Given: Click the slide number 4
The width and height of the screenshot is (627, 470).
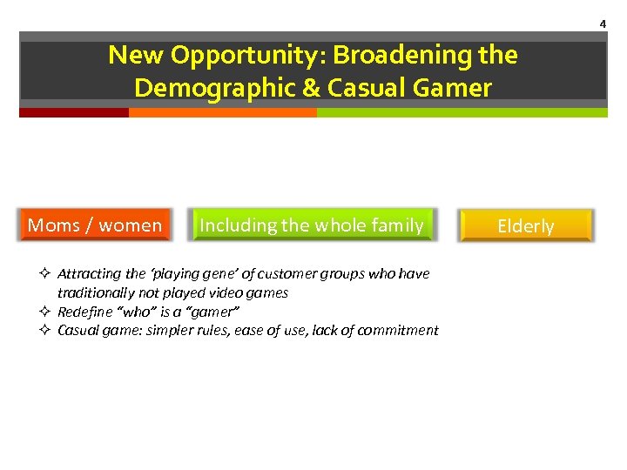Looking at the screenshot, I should pos(602,24).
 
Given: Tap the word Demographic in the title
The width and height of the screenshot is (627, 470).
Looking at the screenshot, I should pos(206,88).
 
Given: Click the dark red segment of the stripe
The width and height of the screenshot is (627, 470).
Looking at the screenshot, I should pos(74,112).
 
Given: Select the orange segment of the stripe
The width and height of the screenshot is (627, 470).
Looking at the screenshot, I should pos(222,112).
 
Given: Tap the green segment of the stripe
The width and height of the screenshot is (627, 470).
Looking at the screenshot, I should pos(462,112).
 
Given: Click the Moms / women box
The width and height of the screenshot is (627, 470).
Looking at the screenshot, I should pos(95,225).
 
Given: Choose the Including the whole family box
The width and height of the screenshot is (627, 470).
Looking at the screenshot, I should pos(311,225).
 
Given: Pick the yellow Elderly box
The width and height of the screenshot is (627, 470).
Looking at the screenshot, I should pos(526,226).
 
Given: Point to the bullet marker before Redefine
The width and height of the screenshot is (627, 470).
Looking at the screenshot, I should pos(46,312).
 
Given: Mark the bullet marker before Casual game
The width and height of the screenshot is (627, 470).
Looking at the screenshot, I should pos(46,330).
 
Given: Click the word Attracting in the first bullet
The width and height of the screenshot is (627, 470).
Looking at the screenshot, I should pos(87,274).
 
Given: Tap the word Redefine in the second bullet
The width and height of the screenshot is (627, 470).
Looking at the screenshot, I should pos(82,312).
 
